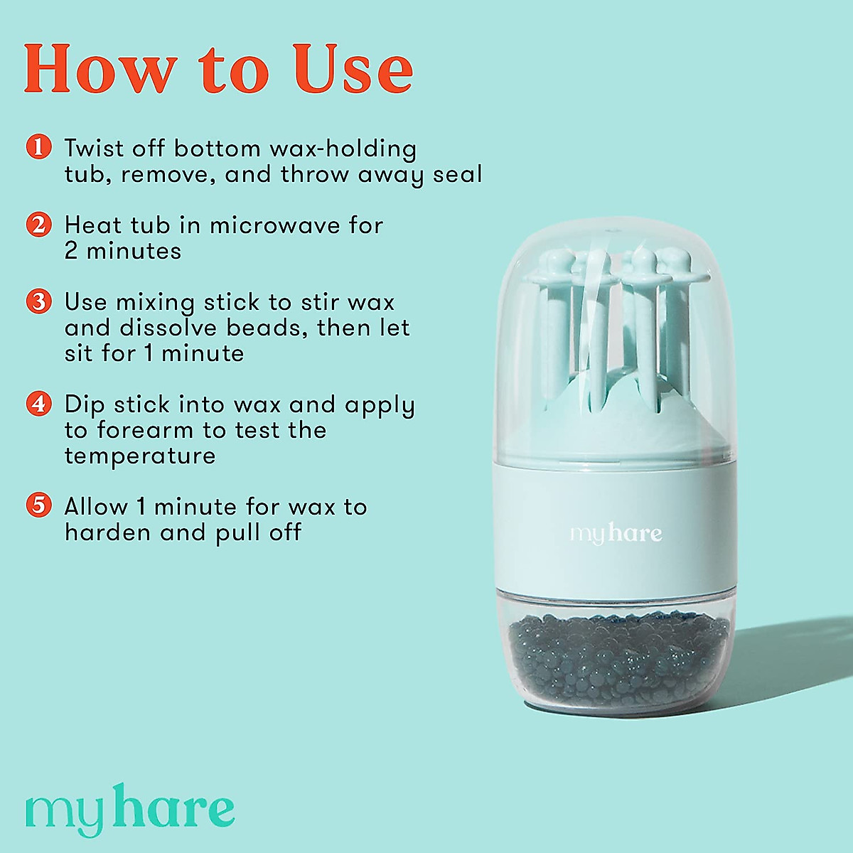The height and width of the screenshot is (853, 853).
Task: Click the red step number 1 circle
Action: (38, 148)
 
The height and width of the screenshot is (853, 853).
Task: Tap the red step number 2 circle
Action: (38, 225)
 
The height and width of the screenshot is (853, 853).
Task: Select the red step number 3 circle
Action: (38, 301)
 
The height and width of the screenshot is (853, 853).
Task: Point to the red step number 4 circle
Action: (38, 404)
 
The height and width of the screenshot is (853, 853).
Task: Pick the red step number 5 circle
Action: (38, 506)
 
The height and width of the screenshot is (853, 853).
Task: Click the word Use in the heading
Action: (355, 69)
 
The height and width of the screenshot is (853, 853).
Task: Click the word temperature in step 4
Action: (139, 456)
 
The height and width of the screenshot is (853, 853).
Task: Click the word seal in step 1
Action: (458, 174)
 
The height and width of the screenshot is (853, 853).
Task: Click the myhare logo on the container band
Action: (616, 533)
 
